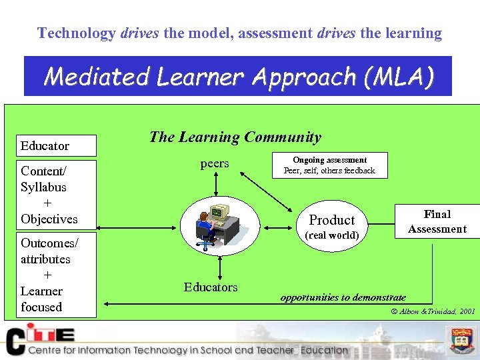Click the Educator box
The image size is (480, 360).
[57, 145]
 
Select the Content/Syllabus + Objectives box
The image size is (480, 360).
[57, 195]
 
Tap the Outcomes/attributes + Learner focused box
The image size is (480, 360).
[57, 275]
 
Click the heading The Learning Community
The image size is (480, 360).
[235, 137]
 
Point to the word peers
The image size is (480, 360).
[214, 163]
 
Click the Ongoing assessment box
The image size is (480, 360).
[329, 165]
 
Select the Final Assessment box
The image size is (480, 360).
[437, 221]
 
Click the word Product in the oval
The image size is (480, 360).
[331, 220]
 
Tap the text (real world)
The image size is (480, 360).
[331, 235]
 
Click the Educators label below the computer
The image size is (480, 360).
[211, 287]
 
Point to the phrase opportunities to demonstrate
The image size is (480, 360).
[343, 297]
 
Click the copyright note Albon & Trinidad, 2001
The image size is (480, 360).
[433, 311]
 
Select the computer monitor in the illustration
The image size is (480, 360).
[218, 213]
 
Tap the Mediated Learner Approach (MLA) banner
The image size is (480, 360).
[238, 77]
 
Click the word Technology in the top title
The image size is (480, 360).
[77, 33]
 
